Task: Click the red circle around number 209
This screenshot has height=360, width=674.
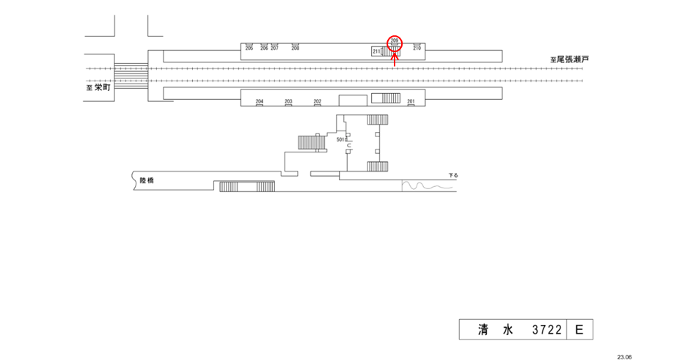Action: coord(395,42)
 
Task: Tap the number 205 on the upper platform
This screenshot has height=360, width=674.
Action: coord(249,48)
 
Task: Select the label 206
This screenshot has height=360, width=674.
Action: coord(264,48)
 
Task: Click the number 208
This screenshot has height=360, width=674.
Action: coord(296,48)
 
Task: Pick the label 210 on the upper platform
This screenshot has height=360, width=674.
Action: coord(417,48)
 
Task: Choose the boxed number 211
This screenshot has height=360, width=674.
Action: coord(376,51)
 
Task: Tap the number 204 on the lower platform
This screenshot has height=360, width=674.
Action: coord(259,101)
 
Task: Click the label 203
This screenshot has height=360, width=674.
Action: coord(288,101)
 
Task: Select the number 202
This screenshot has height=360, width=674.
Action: coord(318,101)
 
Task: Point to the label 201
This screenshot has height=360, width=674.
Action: coord(411,101)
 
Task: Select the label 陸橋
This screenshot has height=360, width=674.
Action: coord(147,180)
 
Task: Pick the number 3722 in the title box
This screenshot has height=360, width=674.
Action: coord(546,331)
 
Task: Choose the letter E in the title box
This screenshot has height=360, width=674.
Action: coord(579,331)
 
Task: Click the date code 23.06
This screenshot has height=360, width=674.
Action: coord(624,356)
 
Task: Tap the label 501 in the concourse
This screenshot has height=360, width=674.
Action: coord(340,139)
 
